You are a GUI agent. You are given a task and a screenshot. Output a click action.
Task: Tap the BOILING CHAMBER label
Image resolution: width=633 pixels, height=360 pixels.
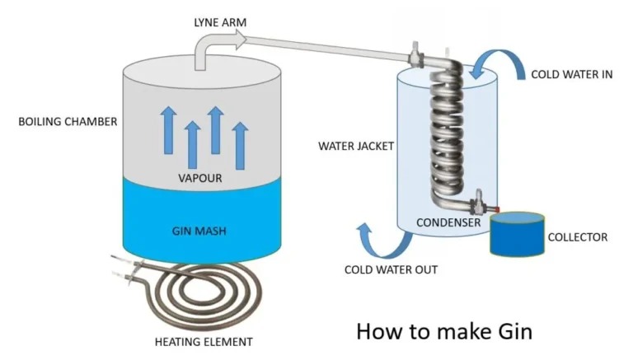[68, 122]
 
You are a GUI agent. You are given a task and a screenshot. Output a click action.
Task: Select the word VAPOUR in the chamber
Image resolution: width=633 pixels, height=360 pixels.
[201, 178]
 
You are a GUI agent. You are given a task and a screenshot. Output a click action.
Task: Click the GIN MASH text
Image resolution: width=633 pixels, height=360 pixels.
[201, 231]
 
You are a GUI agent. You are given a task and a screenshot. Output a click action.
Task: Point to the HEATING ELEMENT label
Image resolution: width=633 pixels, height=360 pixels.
[204, 341]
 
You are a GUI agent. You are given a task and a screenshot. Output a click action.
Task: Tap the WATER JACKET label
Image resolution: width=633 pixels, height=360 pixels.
[357, 147]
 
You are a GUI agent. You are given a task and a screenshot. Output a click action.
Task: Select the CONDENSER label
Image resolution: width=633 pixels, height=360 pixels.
[448, 222]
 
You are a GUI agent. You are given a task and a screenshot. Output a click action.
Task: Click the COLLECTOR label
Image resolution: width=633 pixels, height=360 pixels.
[578, 237]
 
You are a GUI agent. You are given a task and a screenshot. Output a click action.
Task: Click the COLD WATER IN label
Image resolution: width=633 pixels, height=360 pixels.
[571, 74]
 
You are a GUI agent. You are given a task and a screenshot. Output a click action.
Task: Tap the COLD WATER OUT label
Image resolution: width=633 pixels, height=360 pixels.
[391, 269]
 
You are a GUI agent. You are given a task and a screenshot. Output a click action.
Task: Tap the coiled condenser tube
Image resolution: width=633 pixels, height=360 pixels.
[445, 132]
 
